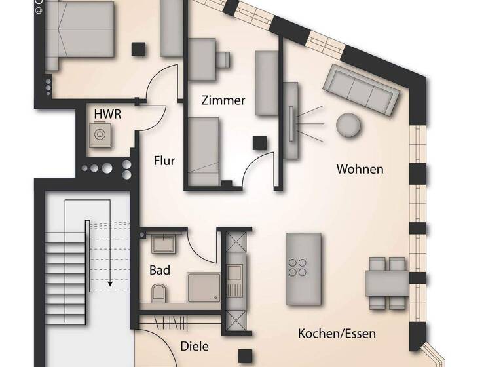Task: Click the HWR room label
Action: point(107,113)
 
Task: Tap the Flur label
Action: point(164,159)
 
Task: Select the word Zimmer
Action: point(223,100)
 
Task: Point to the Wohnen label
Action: point(360,169)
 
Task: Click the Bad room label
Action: point(160,270)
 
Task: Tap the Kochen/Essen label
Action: point(337,334)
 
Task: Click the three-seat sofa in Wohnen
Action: point(363,90)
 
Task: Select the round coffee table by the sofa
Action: point(348,125)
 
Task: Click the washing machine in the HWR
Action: point(100,134)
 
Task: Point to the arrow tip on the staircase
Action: point(110,284)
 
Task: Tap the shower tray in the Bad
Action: point(204,287)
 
